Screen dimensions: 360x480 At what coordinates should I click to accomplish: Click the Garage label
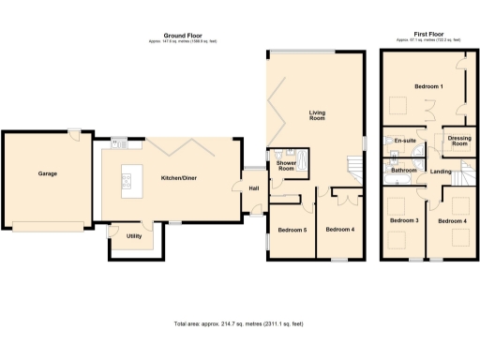click(48, 173)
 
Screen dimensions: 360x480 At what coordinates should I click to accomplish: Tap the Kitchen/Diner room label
click(178, 177)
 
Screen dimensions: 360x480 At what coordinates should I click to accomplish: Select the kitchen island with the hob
click(127, 178)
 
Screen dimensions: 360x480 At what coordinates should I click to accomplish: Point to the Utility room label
click(134, 235)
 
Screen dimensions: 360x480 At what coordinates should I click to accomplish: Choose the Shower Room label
click(286, 166)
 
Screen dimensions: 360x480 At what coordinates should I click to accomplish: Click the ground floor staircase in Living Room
click(354, 170)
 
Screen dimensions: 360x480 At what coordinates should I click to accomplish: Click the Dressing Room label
click(458, 142)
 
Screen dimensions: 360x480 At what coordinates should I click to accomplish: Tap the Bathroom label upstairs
click(403, 171)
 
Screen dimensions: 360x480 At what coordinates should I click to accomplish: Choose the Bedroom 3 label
click(404, 220)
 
